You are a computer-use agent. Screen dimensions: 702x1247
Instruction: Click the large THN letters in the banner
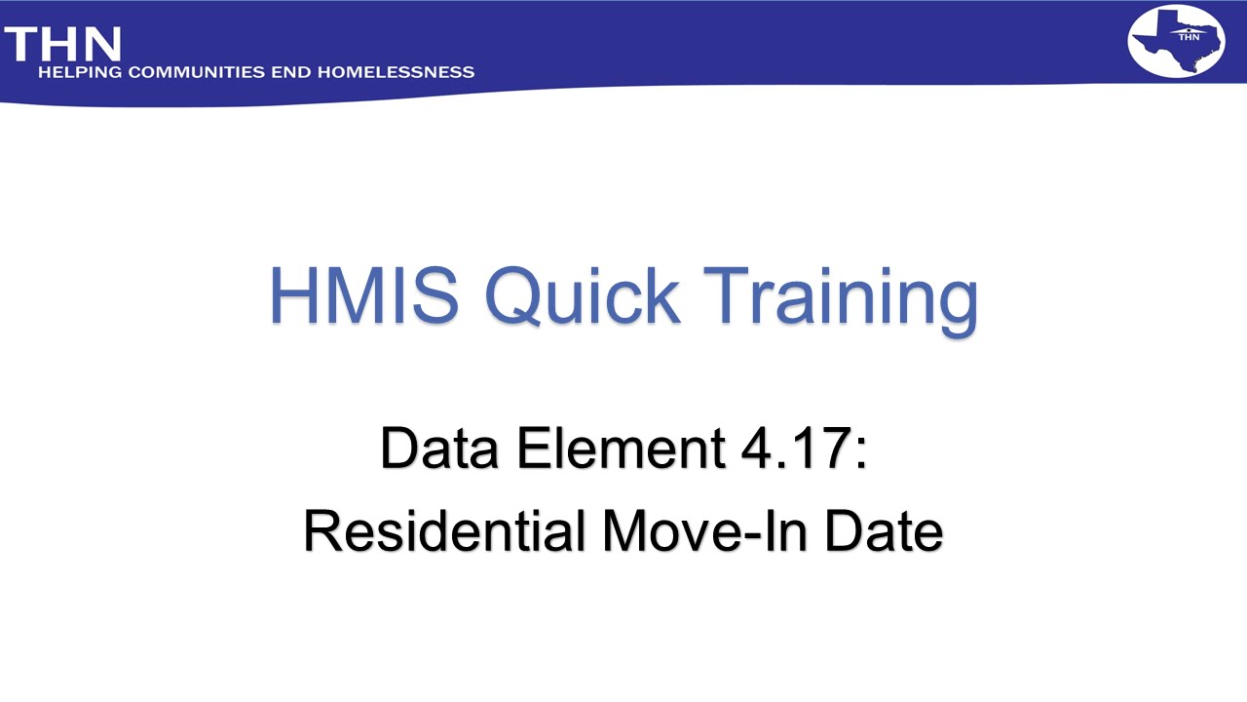tap(62, 45)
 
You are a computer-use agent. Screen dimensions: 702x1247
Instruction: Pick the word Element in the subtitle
tap(621, 448)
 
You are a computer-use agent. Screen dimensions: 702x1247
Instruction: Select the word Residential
tap(444, 531)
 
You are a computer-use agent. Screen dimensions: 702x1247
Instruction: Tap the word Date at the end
tap(884, 531)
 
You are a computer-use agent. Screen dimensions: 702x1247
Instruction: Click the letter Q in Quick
tap(516, 295)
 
